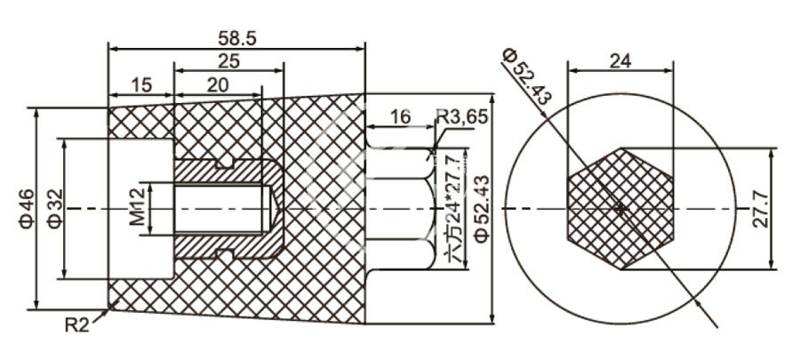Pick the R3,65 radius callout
462,116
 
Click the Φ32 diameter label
53,209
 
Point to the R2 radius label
77,326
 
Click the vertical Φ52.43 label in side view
481,208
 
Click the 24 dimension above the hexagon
620,60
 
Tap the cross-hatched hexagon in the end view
620,208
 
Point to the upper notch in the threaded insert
227,163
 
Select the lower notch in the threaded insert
227,256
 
